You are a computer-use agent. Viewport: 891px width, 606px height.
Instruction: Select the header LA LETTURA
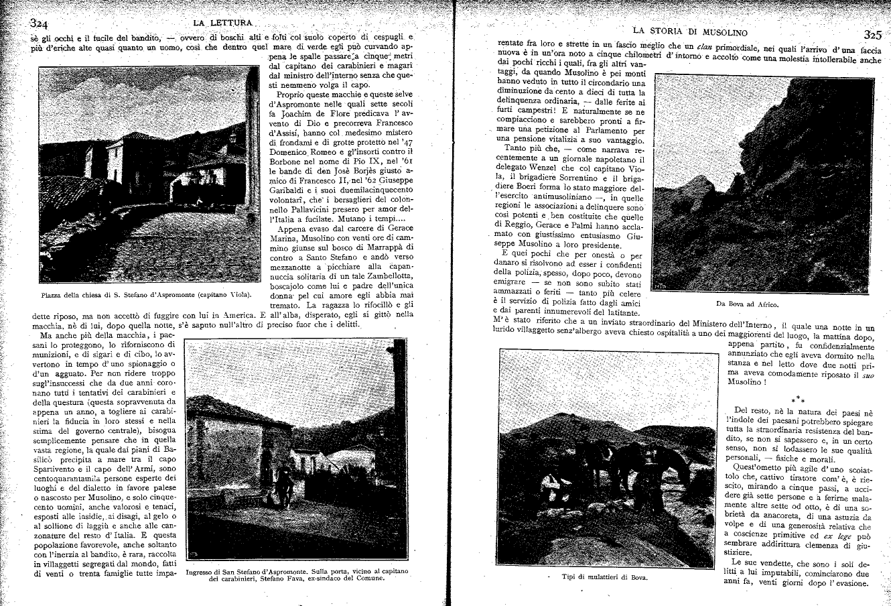(x=222, y=24)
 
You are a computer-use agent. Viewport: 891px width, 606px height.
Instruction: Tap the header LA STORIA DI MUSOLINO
(x=690, y=32)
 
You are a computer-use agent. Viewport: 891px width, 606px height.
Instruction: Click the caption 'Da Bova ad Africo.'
(x=748, y=304)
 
